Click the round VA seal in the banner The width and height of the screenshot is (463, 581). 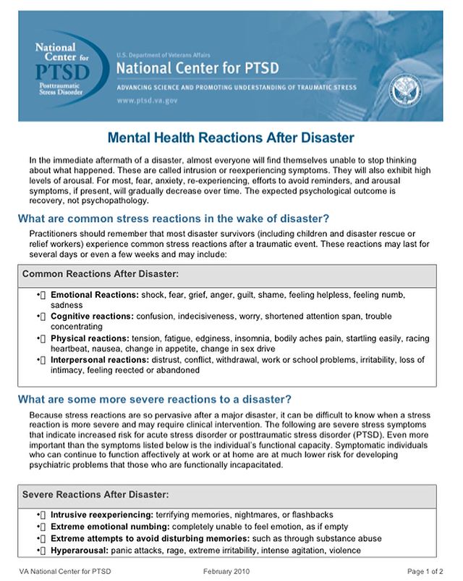click(x=405, y=89)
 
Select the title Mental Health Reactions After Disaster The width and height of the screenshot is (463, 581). click(x=231, y=137)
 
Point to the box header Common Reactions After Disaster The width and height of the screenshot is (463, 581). click(x=101, y=275)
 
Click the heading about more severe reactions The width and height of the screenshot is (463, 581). click(x=155, y=399)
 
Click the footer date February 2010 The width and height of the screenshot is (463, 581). click(x=228, y=572)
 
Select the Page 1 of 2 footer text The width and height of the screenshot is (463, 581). click(x=425, y=572)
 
